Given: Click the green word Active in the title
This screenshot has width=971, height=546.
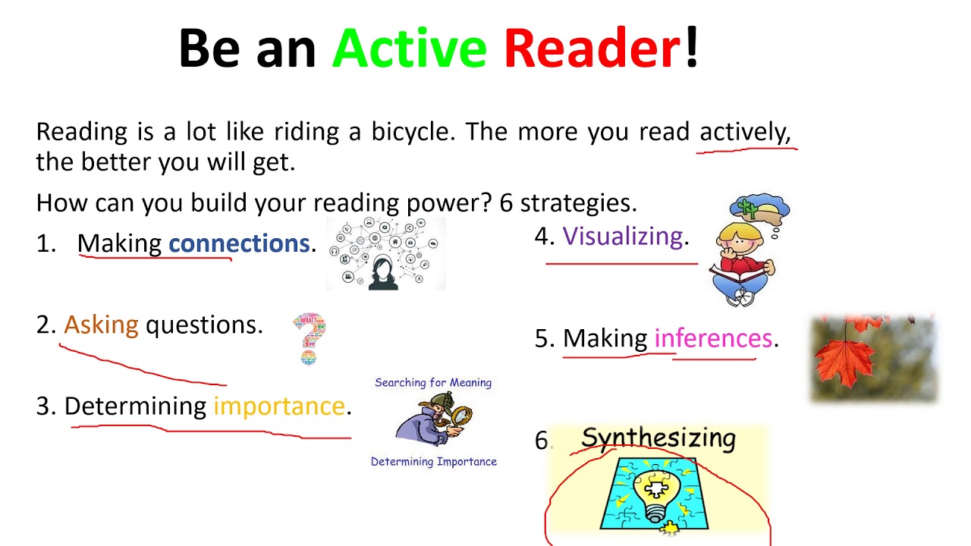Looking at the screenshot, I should (x=409, y=49).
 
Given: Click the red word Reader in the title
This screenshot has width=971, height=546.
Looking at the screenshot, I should (x=592, y=49).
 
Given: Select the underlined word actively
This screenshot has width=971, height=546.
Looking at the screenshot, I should (x=744, y=133).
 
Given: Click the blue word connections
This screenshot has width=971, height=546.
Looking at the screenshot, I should (x=239, y=243).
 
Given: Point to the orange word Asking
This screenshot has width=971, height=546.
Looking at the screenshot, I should (x=101, y=325).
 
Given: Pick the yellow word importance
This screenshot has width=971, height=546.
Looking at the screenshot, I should (x=278, y=406).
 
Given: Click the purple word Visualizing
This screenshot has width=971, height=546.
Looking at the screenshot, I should (x=623, y=237).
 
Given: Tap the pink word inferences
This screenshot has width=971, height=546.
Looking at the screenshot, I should (x=712, y=338).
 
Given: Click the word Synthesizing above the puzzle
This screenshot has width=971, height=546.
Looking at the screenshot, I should (x=658, y=439).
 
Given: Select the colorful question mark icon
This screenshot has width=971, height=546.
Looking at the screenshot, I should (x=310, y=338).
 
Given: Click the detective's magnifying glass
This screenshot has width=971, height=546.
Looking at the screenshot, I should (x=460, y=417).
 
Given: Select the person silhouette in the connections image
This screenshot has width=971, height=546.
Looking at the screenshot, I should (x=384, y=274).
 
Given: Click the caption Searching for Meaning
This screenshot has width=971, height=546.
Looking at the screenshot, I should (x=433, y=383).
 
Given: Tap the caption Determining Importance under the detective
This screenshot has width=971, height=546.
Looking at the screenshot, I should (x=433, y=462).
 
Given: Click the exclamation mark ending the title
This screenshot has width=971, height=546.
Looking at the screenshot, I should (x=691, y=49).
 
